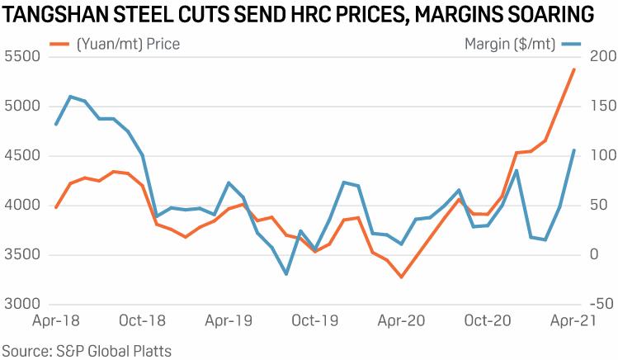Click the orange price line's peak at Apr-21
pyautogui.click(x=574, y=69)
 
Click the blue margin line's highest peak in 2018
pyautogui.click(x=70, y=97)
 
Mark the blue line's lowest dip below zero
pyautogui.click(x=286, y=274)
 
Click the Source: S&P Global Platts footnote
pyautogui.click(x=86, y=351)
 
